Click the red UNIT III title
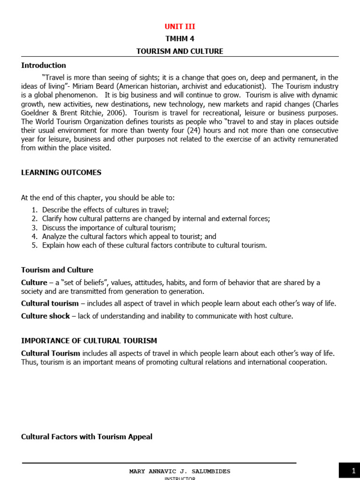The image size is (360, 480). click(180, 27)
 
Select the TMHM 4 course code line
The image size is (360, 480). click(180, 39)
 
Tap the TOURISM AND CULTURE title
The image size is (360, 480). click(180, 51)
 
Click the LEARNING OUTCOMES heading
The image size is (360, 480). click(61, 172)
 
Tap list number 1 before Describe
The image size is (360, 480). click(34, 210)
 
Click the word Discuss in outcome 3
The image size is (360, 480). click(54, 228)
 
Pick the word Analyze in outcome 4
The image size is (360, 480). click(55, 237)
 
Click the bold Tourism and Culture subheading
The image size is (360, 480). click(57, 270)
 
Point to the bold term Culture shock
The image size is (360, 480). click(45, 316)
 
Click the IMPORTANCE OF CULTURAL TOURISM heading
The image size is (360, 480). click(89, 341)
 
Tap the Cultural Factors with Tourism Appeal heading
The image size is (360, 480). click(87, 437)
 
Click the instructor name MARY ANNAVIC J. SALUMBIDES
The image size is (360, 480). click(180, 471)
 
